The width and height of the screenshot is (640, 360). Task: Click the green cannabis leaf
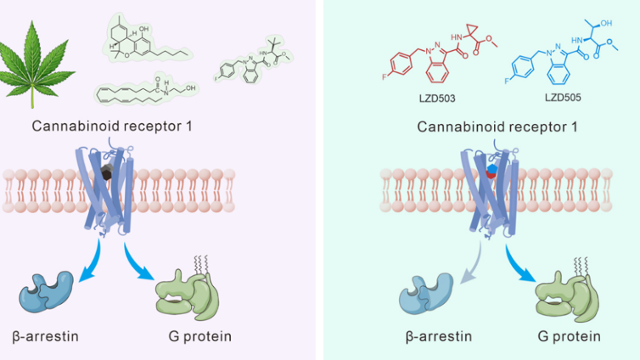44,59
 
